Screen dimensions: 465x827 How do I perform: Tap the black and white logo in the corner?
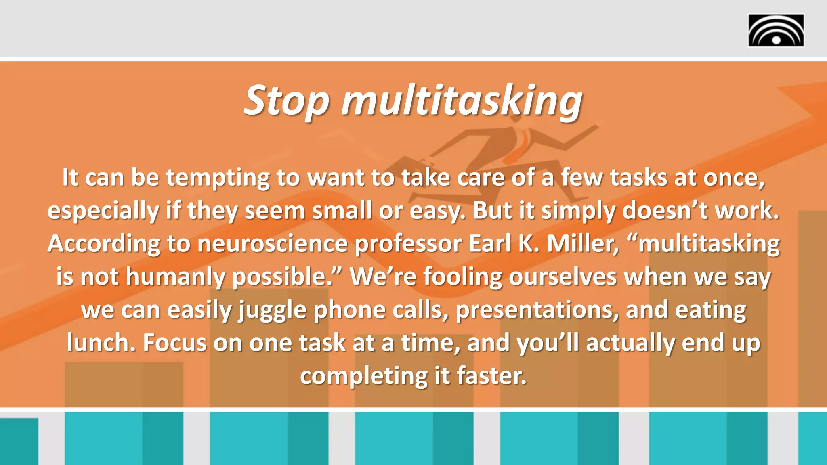(776, 30)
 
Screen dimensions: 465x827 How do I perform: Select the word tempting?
(218, 178)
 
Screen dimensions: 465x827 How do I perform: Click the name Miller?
(583, 244)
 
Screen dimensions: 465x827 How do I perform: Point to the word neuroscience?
(272, 244)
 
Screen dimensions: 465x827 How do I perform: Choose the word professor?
(408, 244)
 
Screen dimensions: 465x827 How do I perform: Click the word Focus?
(174, 343)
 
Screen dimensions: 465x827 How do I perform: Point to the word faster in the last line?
(491, 376)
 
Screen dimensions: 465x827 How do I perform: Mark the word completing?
(363, 376)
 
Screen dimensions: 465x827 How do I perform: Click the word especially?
(103, 211)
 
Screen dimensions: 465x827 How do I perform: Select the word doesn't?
(665, 211)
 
